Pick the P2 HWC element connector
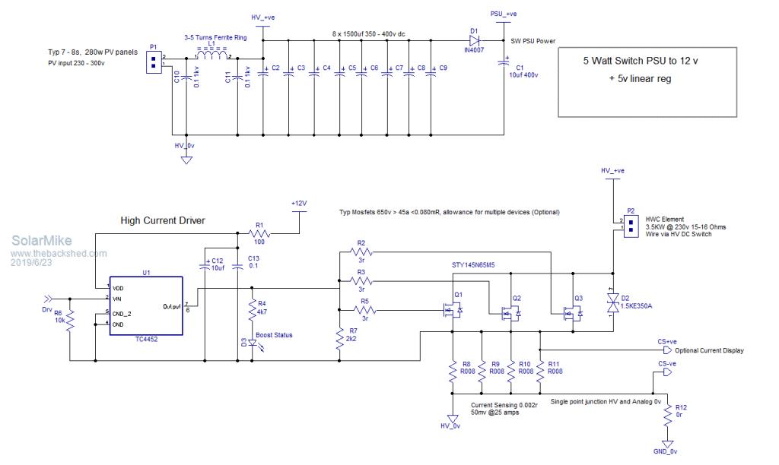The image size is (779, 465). click(630, 224)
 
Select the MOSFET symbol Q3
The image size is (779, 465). click(571, 312)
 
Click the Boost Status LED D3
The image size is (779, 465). click(252, 343)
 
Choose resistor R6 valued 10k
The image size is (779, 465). click(69, 322)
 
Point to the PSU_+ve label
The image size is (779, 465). click(502, 14)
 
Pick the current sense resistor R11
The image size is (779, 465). click(539, 371)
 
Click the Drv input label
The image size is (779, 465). click(48, 309)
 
